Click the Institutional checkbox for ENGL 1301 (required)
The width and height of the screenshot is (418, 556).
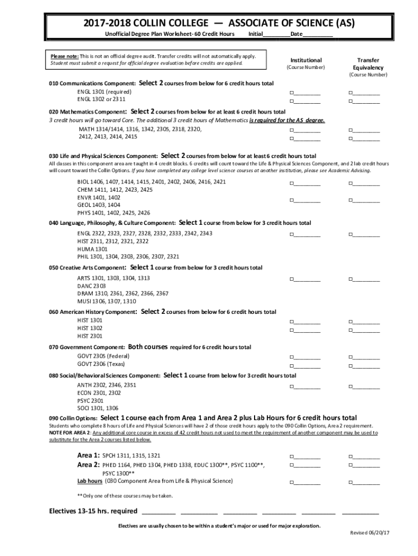pos(292,93)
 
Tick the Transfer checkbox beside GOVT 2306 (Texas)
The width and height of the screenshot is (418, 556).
pos(352,365)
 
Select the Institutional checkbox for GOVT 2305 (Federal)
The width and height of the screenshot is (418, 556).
pos(292,357)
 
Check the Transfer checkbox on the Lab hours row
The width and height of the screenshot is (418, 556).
pos(352,482)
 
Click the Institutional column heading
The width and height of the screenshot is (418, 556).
pos(306,60)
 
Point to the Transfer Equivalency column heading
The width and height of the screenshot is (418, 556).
pos(368,64)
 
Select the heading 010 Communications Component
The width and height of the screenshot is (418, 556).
pos(92,84)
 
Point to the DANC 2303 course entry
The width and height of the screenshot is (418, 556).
pos(91,286)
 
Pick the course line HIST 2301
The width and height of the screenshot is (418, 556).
pos(90,336)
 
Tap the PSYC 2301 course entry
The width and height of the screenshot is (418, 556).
pos(90,400)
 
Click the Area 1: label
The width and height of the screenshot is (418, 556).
pos(88,455)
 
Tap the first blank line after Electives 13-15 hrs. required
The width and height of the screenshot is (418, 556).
pos(159,512)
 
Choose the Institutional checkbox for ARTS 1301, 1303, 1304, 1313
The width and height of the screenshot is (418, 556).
pos(292,279)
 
